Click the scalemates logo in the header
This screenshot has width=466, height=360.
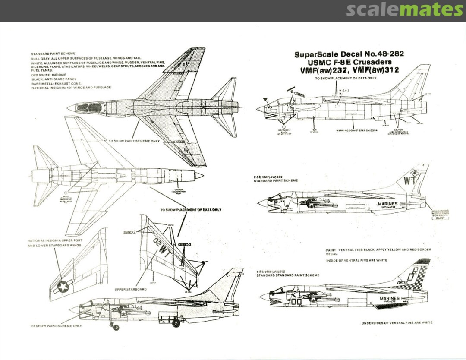click(x=404, y=9)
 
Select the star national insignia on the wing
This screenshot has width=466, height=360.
click(x=63, y=286)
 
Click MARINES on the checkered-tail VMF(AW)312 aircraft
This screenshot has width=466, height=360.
click(x=390, y=298)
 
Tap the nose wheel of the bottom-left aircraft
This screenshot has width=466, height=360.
click(x=116, y=328)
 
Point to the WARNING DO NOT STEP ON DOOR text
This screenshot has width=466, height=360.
click(x=356, y=130)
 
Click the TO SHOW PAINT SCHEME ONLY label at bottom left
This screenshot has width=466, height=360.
click(x=56, y=326)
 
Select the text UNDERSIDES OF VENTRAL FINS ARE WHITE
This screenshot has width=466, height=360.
click(x=397, y=322)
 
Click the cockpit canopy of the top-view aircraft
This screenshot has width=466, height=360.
click(x=93, y=107)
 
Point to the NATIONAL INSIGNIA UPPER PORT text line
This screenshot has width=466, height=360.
click(x=55, y=240)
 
